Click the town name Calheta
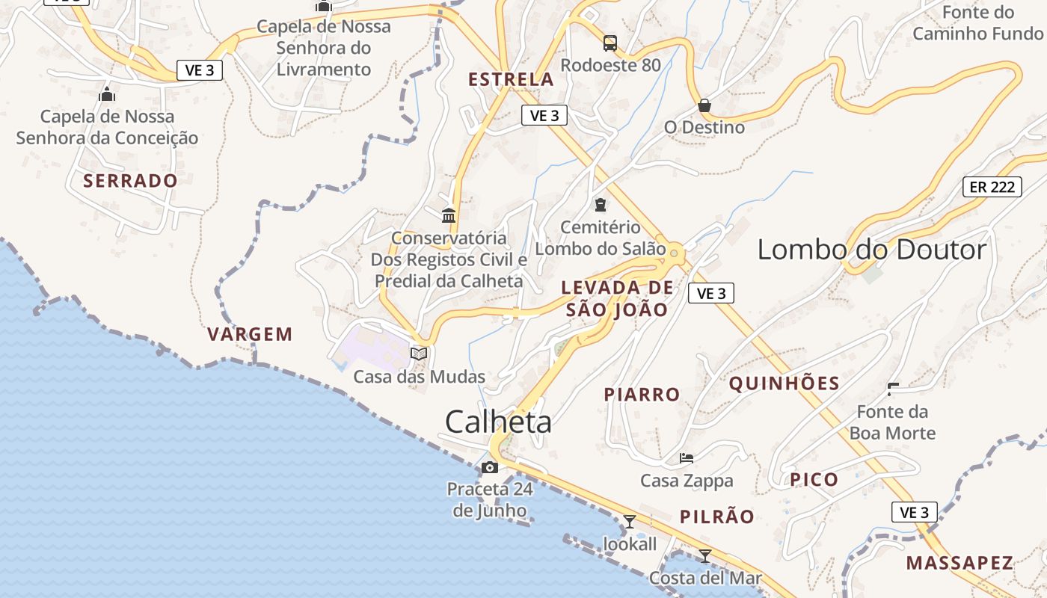click(498, 422)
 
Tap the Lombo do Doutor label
click(872, 250)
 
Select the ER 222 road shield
click(992, 187)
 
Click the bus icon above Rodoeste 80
click(610, 43)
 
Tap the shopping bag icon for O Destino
click(704, 105)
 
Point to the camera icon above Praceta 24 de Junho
click(490, 468)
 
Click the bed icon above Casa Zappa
click(687, 457)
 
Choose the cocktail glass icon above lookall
click(630, 522)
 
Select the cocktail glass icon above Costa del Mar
click(704, 555)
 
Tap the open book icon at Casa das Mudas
click(419, 354)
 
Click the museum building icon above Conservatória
click(449, 216)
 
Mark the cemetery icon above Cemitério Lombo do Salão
click(601, 204)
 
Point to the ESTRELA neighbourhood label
click(511, 79)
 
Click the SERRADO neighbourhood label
click(130, 181)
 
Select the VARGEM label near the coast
click(250, 334)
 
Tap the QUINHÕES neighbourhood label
click(784, 384)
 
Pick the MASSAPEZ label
click(960, 563)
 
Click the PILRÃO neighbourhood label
click(717, 517)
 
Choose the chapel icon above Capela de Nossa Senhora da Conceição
click(107, 95)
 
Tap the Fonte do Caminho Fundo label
click(977, 23)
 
